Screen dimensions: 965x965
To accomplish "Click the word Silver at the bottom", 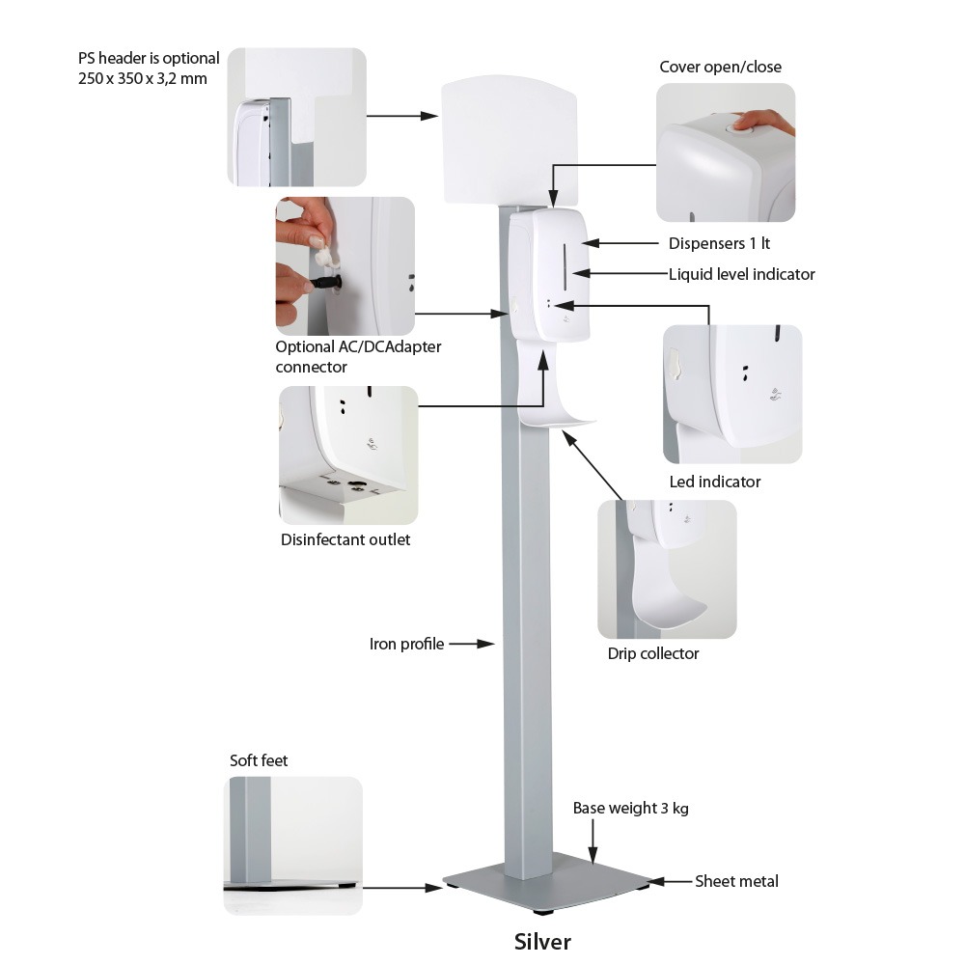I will [x=542, y=941].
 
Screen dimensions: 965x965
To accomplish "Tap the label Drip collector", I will [x=652, y=654].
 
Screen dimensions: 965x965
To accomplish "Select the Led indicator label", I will [x=714, y=482].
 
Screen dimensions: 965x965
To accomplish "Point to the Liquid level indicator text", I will [x=741, y=274].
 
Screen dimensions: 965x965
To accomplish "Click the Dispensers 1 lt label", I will [x=719, y=243].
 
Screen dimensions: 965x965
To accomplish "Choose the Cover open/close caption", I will [x=720, y=68].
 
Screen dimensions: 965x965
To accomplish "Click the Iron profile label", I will [x=406, y=644].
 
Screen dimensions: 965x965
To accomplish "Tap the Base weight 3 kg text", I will [x=630, y=809].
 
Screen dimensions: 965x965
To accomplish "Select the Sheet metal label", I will [x=736, y=881].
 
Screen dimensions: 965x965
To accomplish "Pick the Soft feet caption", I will [x=259, y=761].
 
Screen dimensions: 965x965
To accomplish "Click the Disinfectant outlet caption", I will [x=345, y=540].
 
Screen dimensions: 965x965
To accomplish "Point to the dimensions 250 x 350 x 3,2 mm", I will [x=143, y=78].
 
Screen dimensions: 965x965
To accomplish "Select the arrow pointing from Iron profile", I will [x=472, y=644].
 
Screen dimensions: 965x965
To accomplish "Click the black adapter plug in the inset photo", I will [x=323, y=283].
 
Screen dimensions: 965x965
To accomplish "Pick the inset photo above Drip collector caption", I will [x=666, y=569].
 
